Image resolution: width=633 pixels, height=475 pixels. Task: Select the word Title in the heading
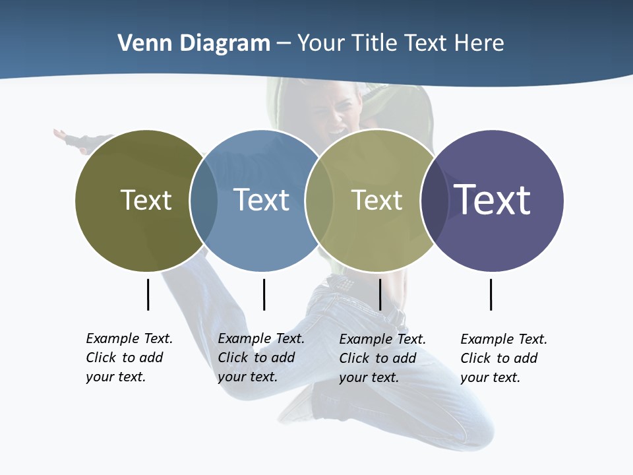tap(377, 44)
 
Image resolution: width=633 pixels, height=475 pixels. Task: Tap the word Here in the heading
tap(479, 44)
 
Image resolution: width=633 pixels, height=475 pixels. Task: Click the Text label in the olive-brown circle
tap(146, 200)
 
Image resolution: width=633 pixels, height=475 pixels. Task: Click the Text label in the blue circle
tap(261, 200)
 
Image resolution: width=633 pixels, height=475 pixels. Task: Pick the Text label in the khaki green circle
tap(377, 200)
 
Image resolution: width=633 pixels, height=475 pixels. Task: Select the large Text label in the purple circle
tap(492, 200)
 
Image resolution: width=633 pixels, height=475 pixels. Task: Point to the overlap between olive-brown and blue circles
tap(204, 201)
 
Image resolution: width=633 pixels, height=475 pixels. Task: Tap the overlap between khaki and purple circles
tap(435, 201)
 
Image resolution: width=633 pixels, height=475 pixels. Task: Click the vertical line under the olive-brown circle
tap(148, 294)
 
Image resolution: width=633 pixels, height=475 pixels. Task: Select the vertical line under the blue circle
tap(264, 294)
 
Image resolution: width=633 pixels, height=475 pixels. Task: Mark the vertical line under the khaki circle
tap(380, 294)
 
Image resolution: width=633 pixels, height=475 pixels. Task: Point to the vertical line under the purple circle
tap(491, 294)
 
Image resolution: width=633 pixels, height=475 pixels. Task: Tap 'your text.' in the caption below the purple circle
tap(490, 377)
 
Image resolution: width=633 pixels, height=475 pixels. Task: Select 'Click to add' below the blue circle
tap(256, 358)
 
